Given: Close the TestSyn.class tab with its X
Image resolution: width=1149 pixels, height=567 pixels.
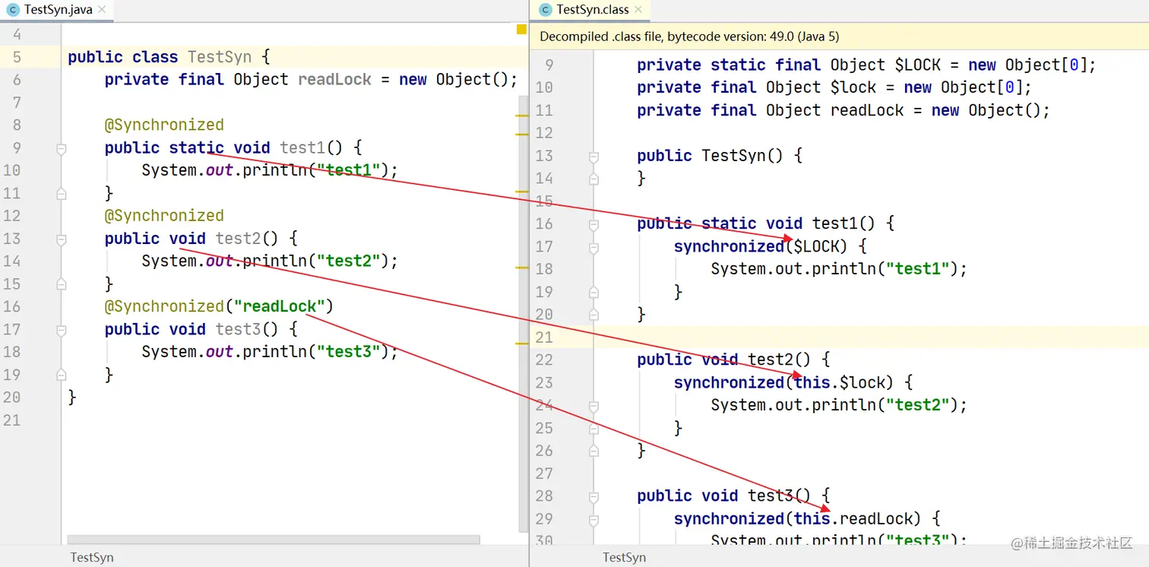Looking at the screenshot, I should coord(638,10).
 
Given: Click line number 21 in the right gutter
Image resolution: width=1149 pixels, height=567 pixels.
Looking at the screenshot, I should coord(544,337).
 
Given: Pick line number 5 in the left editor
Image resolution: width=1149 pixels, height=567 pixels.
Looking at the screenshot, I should coord(17,57).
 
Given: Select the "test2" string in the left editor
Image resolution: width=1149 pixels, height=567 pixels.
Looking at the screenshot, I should coord(349,261).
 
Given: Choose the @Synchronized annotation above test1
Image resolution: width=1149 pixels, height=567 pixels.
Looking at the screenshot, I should coord(164,125).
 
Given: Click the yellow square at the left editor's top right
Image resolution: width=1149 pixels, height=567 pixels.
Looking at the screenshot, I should coord(521,30).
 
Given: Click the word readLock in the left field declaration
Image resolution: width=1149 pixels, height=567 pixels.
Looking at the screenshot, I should coord(334,80).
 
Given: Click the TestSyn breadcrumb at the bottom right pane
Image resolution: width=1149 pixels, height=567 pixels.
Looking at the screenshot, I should coord(624,557).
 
